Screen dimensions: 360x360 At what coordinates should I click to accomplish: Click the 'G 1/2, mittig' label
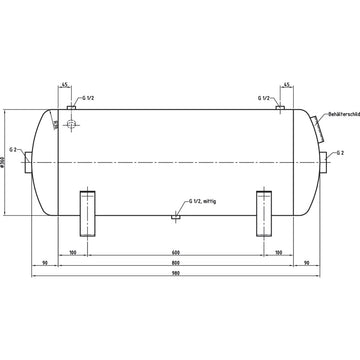coord(198,201)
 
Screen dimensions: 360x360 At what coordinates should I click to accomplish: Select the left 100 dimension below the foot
coord(76,251)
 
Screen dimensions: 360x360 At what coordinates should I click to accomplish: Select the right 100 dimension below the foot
coord(277,251)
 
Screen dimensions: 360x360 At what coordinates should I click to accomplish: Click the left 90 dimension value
coord(46,262)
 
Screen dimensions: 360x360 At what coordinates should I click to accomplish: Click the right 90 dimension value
coord(306,262)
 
